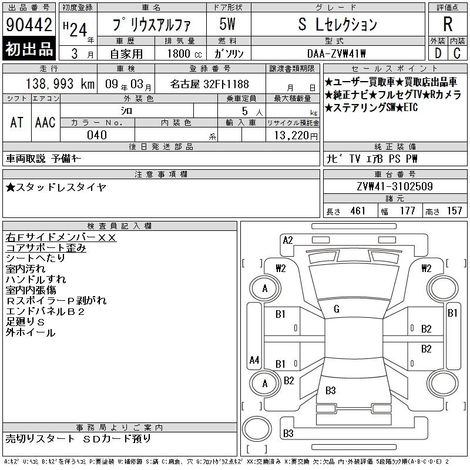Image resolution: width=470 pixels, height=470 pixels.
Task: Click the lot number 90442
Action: pos(29,25)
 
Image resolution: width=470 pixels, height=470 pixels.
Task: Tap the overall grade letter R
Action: pos(448,24)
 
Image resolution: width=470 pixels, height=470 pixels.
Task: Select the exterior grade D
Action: pos(438,53)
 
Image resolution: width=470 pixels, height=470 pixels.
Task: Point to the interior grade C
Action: pos(457,53)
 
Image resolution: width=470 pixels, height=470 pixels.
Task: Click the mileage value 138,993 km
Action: pos(60,84)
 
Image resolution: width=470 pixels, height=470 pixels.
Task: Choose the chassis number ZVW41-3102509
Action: pos(395,186)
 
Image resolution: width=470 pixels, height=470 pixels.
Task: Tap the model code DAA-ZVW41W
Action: pos(336,53)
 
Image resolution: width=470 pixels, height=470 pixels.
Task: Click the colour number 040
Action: pos(97,135)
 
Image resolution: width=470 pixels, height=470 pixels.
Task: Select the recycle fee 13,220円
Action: pos(296,136)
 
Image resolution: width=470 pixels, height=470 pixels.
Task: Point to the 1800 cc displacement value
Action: pos(184,53)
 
